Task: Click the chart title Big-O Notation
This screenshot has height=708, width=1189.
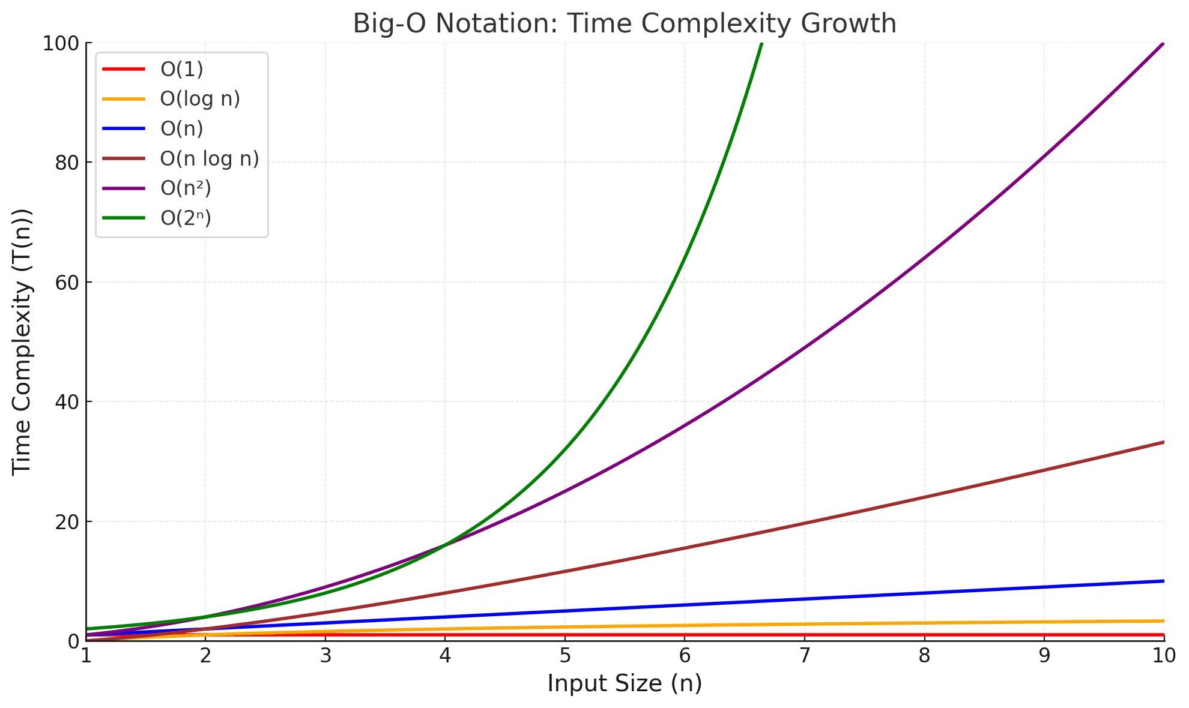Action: (x=625, y=24)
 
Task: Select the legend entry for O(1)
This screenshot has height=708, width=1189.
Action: (x=181, y=69)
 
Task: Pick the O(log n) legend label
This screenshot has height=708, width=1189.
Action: (x=200, y=98)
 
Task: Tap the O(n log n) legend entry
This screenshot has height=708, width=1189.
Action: (x=210, y=158)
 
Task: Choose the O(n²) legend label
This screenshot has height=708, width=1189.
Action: (x=186, y=188)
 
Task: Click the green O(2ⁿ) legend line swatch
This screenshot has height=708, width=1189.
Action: (x=124, y=218)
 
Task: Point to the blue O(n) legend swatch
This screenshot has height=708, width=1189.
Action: (x=124, y=128)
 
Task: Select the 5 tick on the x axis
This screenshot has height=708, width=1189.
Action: (x=564, y=656)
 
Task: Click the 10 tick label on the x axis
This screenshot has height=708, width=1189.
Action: (x=1164, y=656)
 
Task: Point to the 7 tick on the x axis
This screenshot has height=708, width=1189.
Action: (x=804, y=656)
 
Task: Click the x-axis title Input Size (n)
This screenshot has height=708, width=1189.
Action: (x=625, y=684)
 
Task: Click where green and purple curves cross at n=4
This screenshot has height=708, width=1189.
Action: (x=445, y=545)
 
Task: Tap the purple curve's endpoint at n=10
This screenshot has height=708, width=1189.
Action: (x=1164, y=43)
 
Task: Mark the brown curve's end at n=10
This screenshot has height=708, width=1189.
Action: (x=1164, y=442)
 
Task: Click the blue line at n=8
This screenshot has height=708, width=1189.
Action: (x=924, y=593)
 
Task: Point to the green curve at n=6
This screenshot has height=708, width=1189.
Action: (x=685, y=259)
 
